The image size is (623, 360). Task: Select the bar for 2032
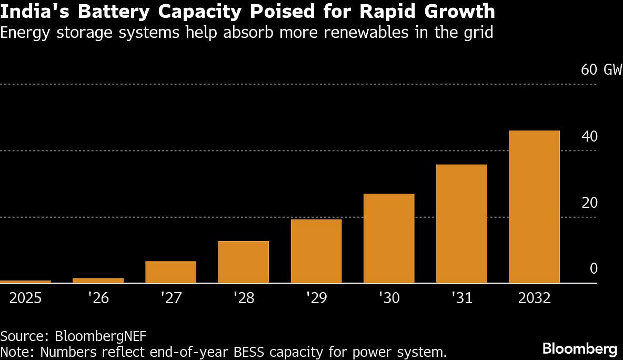pyautogui.click(x=534, y=207)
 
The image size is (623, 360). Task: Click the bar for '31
pyautogui.click(x=461, y=224)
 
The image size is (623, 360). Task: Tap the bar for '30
pyautogui.click(x=389, y=238)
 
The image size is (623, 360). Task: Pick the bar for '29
pyautogui.click(x=316, y=251)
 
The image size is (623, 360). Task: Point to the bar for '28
pyautogui.click(x=244, y=262)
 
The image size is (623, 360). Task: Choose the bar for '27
pyautogui.click(x=170, y=272)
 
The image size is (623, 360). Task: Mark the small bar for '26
pyautogui.click(x=98, y=281)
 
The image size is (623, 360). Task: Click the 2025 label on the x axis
pyautogui.click(x=25, y=298)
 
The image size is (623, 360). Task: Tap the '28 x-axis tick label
pyautogui.click(x=244, y=298)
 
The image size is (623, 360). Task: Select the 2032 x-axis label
pyautogui.click(x=534, y=298)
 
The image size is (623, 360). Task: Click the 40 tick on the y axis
pyautogui.click(x=590, y=136)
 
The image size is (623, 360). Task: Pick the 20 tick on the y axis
pyautogui.click(x=590, y=203)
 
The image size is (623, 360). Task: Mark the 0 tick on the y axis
pyautogui.click(x=594, y=269)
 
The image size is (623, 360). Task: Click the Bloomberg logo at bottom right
pyautogui.click(x=579, y=348)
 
